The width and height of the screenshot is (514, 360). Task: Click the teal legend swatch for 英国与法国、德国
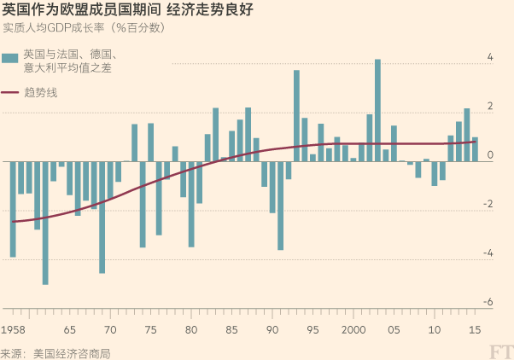(x=10, y=57)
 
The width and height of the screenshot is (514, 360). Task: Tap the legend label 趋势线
(x=41, y=92)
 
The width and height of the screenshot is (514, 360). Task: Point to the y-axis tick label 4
(x=490, y=57)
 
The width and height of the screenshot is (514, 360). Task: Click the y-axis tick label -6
(x=490, y=302)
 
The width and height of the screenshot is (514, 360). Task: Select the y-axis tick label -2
(x=488, y=204)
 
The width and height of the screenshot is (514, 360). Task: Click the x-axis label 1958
(x=13, y=329)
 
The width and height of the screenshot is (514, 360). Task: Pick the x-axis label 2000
(x=353, y=329)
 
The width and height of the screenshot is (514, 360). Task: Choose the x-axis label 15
(x=475, y=329)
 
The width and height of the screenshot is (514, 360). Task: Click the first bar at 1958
(x=13, y=209)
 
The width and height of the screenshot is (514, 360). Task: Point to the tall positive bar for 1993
(x=296, y=115)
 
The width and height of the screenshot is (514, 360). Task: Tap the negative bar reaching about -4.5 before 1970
(x=102, y=217)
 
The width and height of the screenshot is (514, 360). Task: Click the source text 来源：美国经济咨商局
(x=55, y=352)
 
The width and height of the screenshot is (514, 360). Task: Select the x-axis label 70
(x=110, y=329)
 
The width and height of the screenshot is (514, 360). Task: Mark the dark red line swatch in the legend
(x=10, y=92)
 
